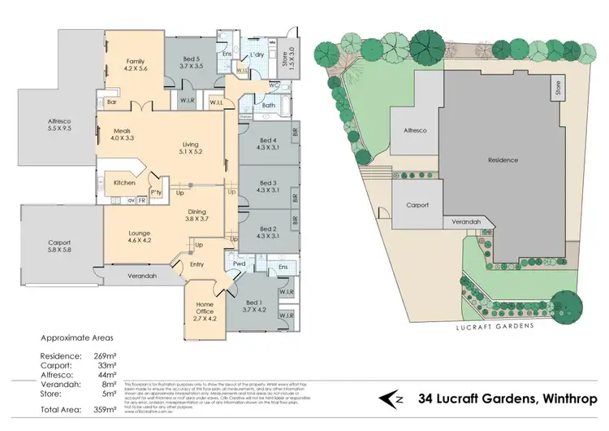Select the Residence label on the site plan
503,160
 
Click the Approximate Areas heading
76,337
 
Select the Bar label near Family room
111,102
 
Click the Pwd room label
240,264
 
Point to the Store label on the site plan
558,87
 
